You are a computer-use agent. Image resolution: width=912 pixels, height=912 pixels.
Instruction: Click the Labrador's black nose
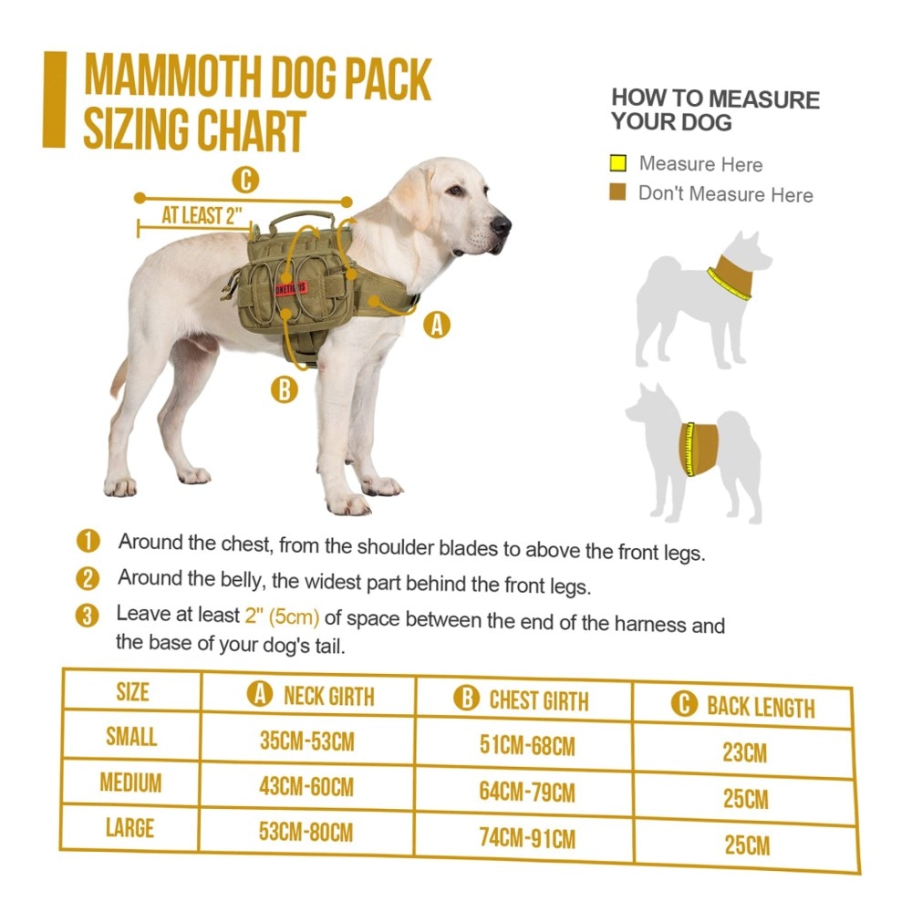pyautogui.click(x=500, y=224)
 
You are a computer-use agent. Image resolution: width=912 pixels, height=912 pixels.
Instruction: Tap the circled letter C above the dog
pyautogui.click(x=245, y=180)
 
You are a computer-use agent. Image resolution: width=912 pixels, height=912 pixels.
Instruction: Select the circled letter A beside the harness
pyautogui.click(x=437, y=325)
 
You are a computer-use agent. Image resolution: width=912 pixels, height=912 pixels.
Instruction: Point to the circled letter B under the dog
pyautogui.click(x=285, y=389)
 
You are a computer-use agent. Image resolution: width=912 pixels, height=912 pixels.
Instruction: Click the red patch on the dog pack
pyautogui.click(x=290, y=287)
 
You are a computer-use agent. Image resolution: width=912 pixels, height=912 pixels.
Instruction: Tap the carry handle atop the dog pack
pyautogui.click(x=302, y=222)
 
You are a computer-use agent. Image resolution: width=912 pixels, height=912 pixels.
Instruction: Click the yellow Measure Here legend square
pyautogui.click(x=617, y=163)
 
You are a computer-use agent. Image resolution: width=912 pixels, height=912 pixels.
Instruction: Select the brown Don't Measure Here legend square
pyautogui.click(x=617, y=192)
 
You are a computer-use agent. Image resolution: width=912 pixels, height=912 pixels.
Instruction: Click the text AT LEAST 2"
pyautogui.click(x=202, y=216)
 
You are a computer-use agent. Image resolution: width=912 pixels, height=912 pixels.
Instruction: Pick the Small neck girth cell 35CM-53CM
pyautogui.click(x=306, y=741)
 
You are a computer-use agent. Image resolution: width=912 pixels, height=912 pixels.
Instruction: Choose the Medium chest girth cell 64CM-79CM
pyautogui.click(x=527, y=792)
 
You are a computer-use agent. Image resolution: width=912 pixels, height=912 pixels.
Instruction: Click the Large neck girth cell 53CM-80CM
pyautogui.click(x=306, y=832)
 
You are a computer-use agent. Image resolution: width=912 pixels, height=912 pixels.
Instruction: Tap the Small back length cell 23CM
pyautogui.click(x=744, y=752)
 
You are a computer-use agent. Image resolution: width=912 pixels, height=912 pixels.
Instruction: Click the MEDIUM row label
pyautogui.click(x=130, y=782)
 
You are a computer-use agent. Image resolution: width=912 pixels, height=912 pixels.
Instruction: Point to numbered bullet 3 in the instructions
pyautogui.click(x=88, y=616)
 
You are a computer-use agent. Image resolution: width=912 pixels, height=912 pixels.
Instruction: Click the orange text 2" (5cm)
pyautogui.click(x=282, y=616)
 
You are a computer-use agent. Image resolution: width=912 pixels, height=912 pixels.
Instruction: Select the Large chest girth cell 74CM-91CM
pyautogui.click(x=527, y=838)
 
